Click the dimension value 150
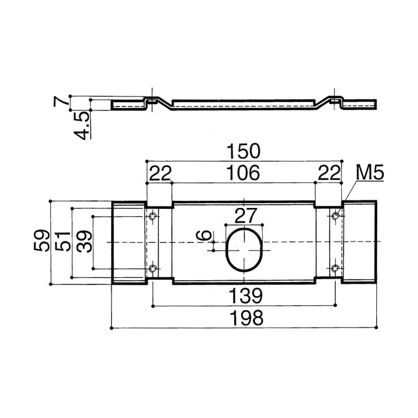click(244, 152)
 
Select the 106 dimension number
click(244, 173)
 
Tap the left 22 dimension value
click(160, 173)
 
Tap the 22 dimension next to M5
click(329, 173)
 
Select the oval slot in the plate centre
click(243, 249)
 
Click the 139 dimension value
click(244, 296)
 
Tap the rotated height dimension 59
click(42, 242)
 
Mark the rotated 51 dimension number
click(63, 242)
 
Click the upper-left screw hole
click(153, 216)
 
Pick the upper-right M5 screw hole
click(335, 215)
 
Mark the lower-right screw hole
click(335, 269)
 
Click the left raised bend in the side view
click(152, 99)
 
